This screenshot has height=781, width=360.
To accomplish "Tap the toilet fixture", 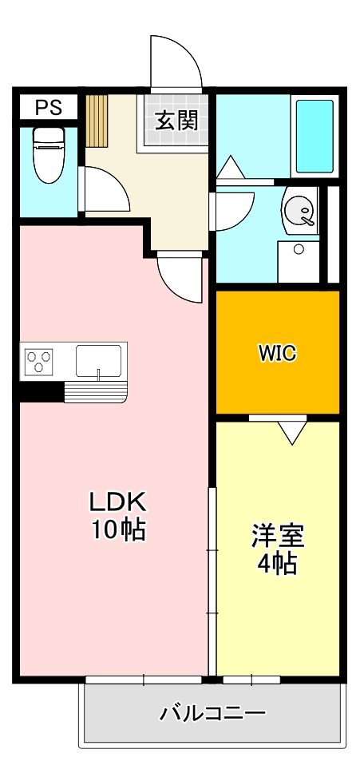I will tap(47, 153).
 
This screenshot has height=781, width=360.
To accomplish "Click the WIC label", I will tap(277, 353).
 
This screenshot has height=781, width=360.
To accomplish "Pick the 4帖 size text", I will tap(277, 564).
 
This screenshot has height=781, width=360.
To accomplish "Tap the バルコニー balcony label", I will tap(212, 712).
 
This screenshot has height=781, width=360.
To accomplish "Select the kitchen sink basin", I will tap(99, 360).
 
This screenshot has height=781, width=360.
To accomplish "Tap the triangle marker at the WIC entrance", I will tap(291, 432).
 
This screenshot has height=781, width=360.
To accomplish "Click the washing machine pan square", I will tap(298, 260).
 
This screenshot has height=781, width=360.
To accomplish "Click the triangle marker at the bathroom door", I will tap(229, 167).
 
